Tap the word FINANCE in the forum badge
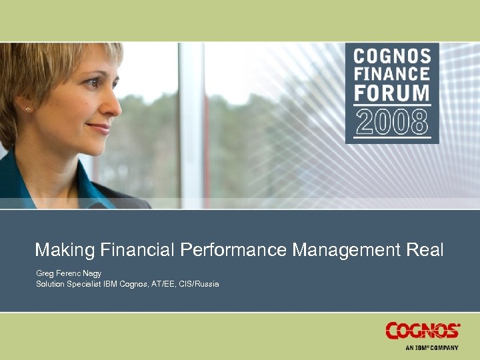coord(392,73)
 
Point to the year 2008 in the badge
coord(392,121)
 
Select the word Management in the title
coord(347,250)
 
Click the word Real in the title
coord(425,250)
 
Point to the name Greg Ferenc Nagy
coord(69,273)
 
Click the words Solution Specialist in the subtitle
coord(68,285)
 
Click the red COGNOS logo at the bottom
coord(423,331)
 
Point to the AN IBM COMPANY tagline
coord(432,347)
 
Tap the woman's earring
coord(28,109)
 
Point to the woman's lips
coord(100,127)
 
